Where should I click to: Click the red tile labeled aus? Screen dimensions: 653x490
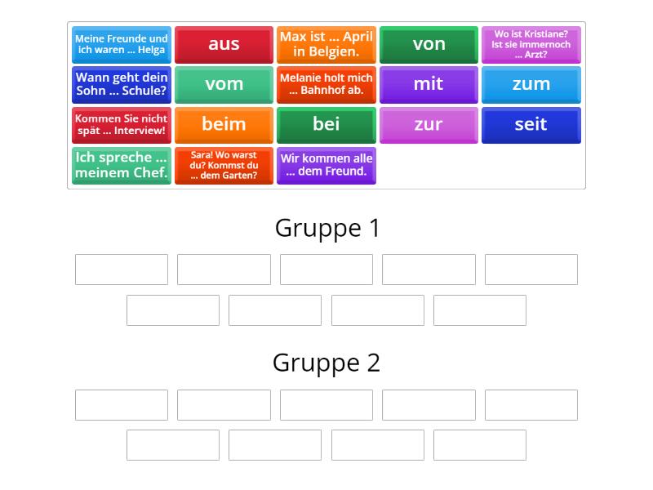tap(224, 44)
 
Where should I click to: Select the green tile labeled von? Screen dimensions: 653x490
tap(429, 44)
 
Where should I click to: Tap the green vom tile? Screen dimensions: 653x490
tap(224, 84)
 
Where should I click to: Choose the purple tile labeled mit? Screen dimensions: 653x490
tap(429, 84)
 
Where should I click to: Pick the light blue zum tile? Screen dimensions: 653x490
tap(531, 84)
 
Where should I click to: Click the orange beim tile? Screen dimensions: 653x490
tap(224, 124)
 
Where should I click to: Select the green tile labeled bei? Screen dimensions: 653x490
tap(326, 124)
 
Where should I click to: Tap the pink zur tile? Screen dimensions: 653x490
tap(429, 124)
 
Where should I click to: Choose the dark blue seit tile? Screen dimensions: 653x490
tap(531, 124)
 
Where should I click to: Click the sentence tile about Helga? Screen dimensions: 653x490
tap(122, 44)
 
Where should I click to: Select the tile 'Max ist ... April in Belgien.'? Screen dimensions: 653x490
tap(326, 44)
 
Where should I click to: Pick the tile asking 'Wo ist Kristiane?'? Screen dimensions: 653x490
tap(531, 44)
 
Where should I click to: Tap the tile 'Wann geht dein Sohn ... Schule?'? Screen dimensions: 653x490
tap(122, 84)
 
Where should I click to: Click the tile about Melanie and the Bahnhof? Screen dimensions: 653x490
tap(326, 84)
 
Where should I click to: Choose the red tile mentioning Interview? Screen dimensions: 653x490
tap(122, 124)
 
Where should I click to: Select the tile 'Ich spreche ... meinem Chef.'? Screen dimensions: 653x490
tap(122, 165)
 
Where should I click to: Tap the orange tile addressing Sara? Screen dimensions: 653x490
tap(224, 165)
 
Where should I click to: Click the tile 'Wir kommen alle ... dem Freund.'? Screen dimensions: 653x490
tap(326, 165)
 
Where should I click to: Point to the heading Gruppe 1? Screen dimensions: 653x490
tap(327, 228)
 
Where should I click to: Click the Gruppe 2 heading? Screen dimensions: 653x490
tap(326, 363)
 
